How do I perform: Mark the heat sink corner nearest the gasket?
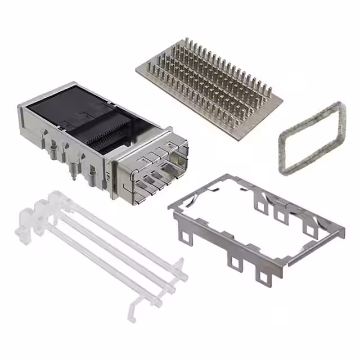click(x=281, y=103)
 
